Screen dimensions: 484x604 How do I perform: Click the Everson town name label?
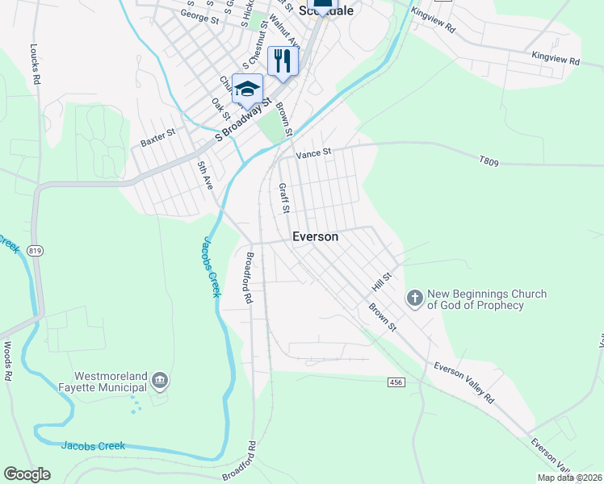pos(314,237)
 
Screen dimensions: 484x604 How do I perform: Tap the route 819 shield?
pos(35,252)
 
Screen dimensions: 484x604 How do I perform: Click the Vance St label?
pos(314,152)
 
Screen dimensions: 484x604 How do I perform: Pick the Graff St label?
pos(284,198)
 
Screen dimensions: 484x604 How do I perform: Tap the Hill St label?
pos(381,282)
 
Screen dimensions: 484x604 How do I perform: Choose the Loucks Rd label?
pos(35,64)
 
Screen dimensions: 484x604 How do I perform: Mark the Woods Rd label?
pos(7,360)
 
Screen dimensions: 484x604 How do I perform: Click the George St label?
pos(199,15)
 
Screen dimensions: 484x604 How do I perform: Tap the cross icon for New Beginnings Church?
pos(414,299)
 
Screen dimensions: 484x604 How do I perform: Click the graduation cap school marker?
pos(247,88)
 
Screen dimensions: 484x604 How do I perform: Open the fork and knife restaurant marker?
pos(283,60)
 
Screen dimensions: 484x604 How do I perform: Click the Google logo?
pos(27,474)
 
